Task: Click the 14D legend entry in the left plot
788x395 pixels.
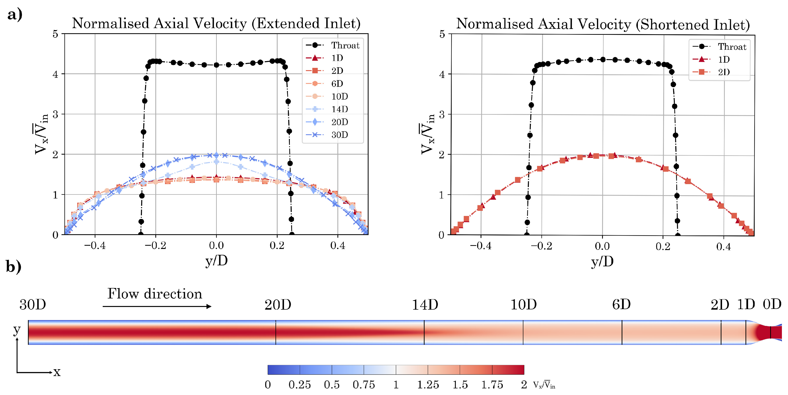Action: [339, 109]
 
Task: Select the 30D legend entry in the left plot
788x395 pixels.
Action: [339, 135]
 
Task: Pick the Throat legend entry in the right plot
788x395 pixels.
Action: [732, 47]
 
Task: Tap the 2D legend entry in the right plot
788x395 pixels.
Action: [724, 72]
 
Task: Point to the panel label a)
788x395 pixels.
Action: [15, 15]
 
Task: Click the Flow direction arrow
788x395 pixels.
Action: [157, 306]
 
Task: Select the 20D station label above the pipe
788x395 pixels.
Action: [278, 305]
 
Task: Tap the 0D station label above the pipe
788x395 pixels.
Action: [772, 305]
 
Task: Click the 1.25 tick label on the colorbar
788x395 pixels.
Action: [428, 385]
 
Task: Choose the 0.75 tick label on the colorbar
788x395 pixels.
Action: [364, 385]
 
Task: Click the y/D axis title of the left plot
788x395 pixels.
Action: [216, 261]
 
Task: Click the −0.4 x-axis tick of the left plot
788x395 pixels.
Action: [95, 245]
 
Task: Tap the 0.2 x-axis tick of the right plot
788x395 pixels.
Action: [663, 246]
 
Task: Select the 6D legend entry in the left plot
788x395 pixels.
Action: [337, 83]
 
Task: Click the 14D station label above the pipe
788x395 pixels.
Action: [425, 305]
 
